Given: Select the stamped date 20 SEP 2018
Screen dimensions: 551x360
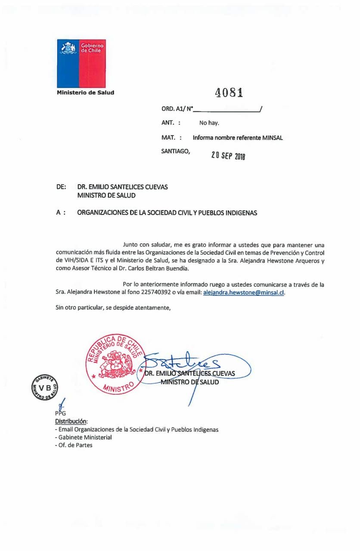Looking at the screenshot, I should (228, 155).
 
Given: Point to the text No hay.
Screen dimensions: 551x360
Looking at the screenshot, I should (209, 123).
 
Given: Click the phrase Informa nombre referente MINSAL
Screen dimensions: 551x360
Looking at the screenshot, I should (238, 138).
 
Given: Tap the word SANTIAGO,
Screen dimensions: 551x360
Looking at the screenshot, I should (175, 151).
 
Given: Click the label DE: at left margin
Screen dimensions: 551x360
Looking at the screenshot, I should (61, 187).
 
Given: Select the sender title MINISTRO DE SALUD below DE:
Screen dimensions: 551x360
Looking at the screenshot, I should (106, 195).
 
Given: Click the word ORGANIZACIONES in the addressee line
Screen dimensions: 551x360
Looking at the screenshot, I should (102, 213).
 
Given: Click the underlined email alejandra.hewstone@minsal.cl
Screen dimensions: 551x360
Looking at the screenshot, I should (243, 292).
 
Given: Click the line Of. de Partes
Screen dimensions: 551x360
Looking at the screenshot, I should (75, 445).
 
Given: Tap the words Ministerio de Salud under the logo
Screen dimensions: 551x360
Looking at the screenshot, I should (85, 92).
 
